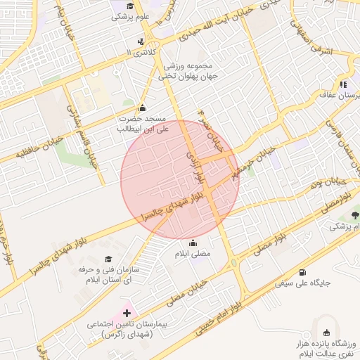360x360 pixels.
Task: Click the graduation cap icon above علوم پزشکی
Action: coord(129,5)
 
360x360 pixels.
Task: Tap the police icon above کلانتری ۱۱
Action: coord(141,41)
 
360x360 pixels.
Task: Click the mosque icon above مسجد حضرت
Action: coord(143,108)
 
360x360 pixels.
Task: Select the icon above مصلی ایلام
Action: coord(193,243)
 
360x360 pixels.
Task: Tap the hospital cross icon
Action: coord(127,313)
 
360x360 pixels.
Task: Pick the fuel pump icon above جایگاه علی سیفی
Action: coord(303,272)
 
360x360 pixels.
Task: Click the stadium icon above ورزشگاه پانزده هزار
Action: coord(326,333)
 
